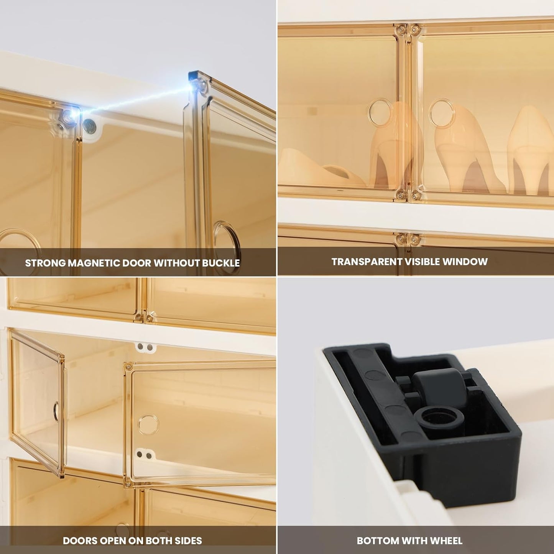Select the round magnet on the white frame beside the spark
91,126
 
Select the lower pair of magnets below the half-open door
144,455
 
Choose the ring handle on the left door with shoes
380,112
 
